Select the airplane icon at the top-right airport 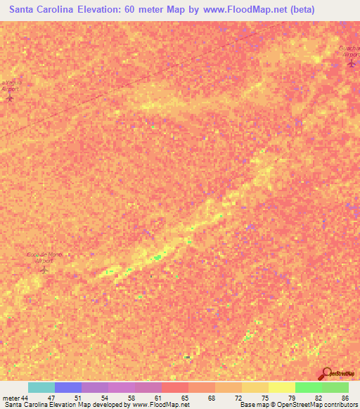[351, 65]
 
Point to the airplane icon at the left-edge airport [9, 98]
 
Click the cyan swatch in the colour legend [41, 387]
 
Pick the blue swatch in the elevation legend [67, 387]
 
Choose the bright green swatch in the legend [308, 387]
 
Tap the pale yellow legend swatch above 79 [281, 387]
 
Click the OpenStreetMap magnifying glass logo [326, 375]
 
